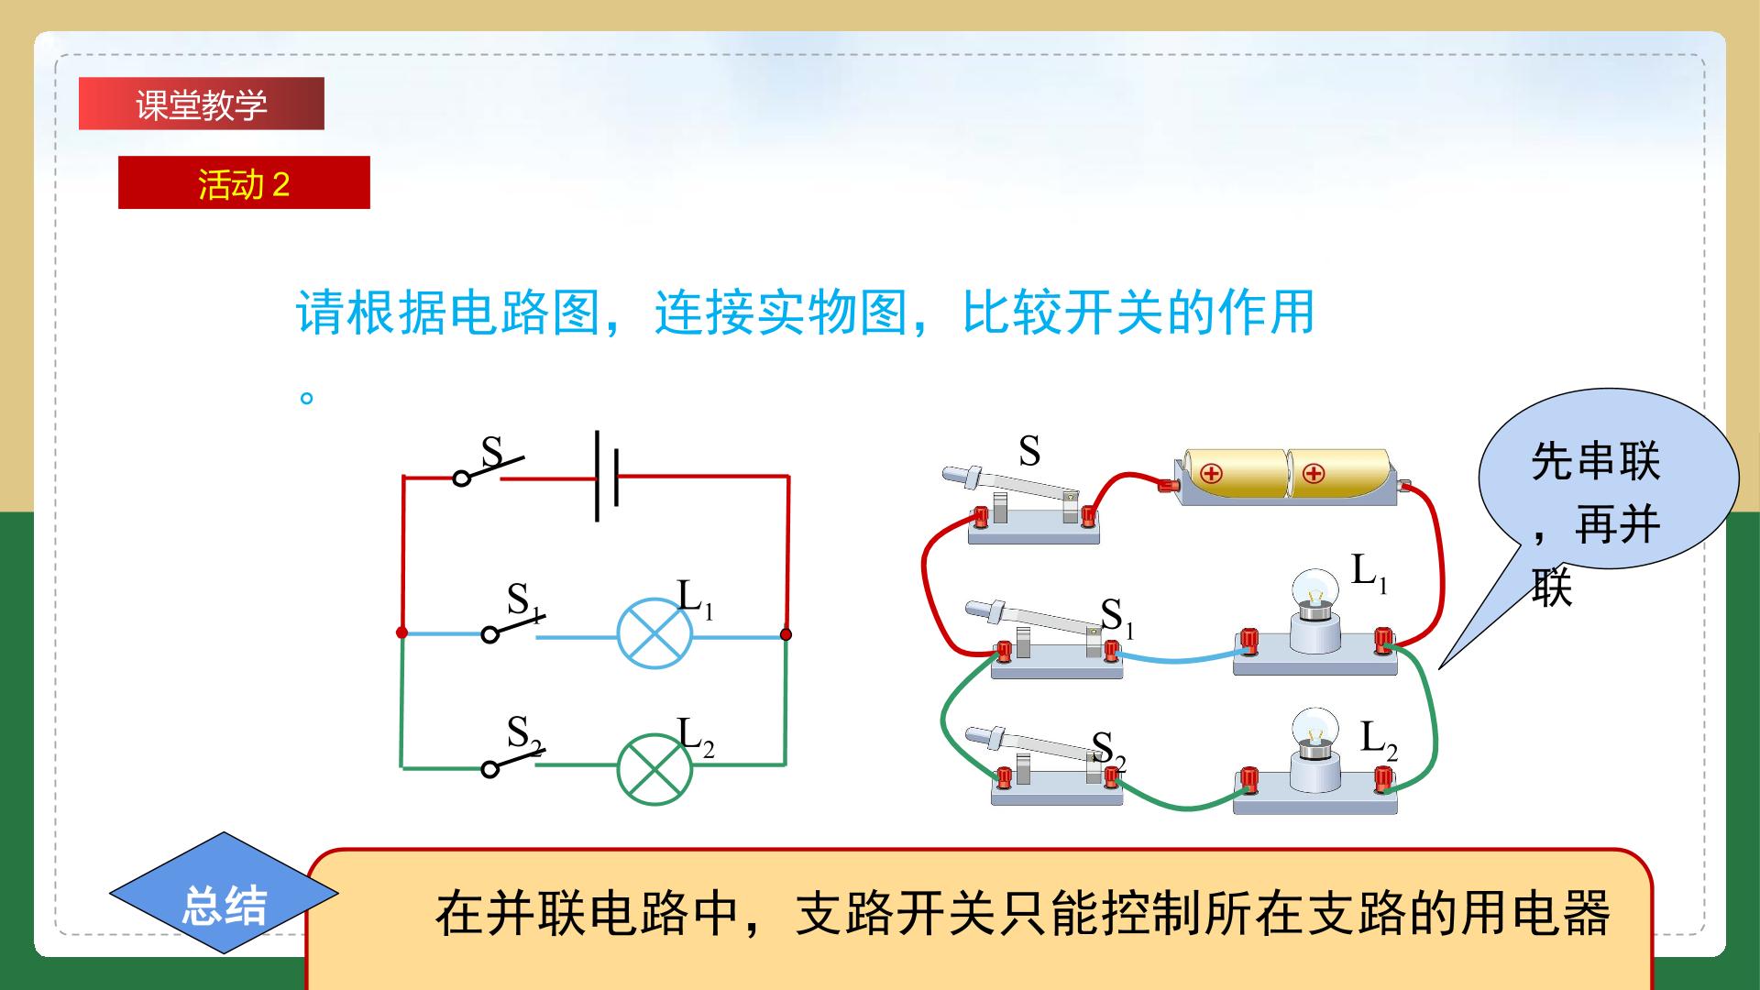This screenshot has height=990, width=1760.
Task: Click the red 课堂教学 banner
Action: (x=202, y=104)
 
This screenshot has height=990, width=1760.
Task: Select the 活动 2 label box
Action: (x=244, y=182)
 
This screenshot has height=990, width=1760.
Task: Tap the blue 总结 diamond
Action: (x=225, y=893)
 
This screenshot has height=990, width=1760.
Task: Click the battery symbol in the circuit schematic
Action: (x=607, y=476)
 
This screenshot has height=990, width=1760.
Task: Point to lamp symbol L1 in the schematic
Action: (x=654, y=634)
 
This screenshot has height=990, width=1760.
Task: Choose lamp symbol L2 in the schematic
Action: (x=654, y=768)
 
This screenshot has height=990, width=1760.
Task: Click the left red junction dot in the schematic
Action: (x=401, y=632)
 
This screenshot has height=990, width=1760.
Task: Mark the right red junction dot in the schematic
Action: (x=786, y=633)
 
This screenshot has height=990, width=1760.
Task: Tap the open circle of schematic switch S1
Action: (x=490, y=634)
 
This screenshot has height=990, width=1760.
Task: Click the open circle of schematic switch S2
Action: (x=490, y=768)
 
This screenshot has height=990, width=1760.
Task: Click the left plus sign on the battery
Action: (x=1212, y=474)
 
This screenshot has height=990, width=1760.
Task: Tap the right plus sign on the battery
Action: (x=1314, y=474)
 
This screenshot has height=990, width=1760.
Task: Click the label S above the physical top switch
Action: (x=1029, y=451)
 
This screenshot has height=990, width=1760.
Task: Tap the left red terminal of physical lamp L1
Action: (x=1248, y=641)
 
